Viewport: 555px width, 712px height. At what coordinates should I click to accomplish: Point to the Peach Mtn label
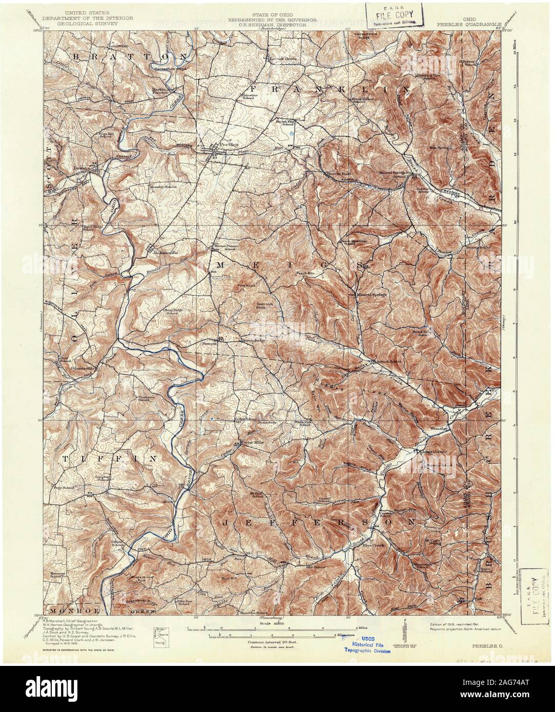coord(304,274)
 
